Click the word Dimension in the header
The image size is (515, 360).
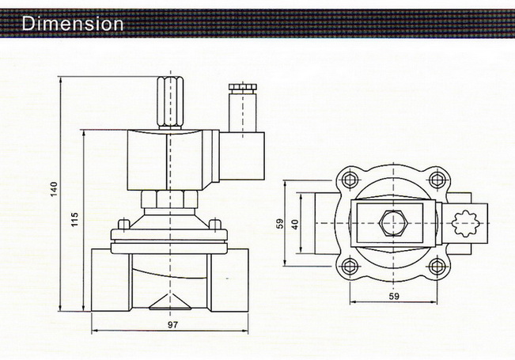(x=72, y=24)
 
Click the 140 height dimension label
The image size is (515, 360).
(x=54, y=189)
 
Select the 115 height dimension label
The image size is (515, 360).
(x=74, y=219)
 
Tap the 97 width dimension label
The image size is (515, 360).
(x=172, y=324)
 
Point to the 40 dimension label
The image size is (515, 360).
(x=295, y=225)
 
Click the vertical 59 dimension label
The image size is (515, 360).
(x=279, y=224)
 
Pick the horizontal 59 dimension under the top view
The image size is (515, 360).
(x=394, y=296)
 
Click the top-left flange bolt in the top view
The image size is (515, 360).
(x=350, y=180)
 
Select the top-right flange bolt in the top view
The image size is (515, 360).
(x=437, y=180)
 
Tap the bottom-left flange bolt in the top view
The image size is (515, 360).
(x=350, y=267)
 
